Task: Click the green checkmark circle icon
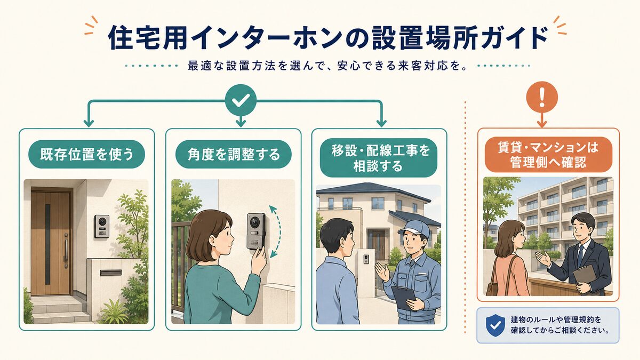coord(241,100)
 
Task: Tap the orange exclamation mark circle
coord(542,97)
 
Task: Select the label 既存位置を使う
coord(86,154)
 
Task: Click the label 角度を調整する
coord(234,154)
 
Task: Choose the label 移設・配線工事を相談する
coord(379,158)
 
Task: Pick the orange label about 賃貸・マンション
coord(548,155)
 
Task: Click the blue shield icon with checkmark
coord(495,325)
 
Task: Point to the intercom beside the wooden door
coord(102,227)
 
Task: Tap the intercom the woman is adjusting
coord(256,231)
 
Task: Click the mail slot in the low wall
coord(111,273)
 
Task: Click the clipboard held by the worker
coord(404,297)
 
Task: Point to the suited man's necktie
coord(580,255)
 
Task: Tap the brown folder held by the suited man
coord(585,275)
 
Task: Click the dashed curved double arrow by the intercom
coord(277,231)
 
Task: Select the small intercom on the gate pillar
coord(365,259)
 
